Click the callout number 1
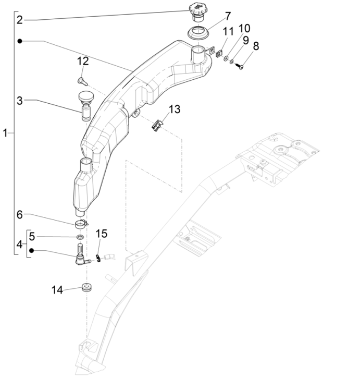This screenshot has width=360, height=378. point(5,133)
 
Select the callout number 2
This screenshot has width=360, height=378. point(19,20)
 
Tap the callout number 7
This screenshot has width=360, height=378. point(228,16)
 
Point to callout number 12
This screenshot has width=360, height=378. point(83,62)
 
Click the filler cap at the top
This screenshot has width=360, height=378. point(199,10)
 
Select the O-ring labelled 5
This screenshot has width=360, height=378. point(80,238)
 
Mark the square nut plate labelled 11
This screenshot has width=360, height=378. point(218,53)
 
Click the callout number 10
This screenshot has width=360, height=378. point(244,28)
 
